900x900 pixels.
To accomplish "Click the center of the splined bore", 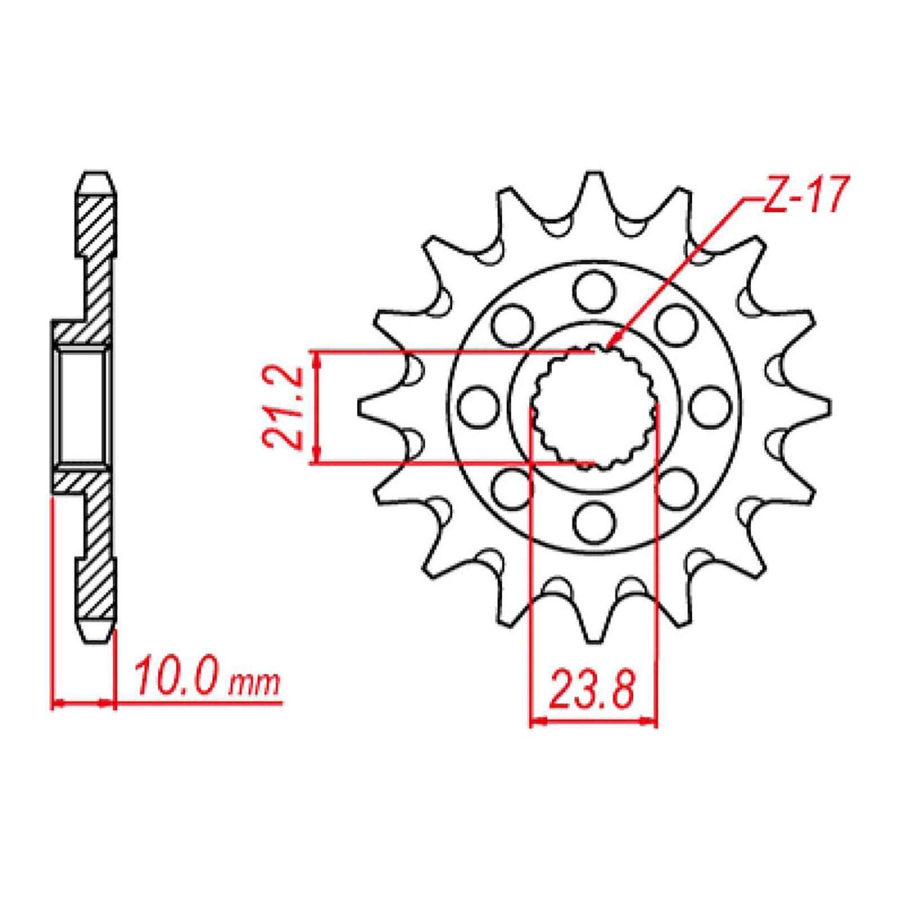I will click(594, 408).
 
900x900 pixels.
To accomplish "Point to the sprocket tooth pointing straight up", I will click(594, 183).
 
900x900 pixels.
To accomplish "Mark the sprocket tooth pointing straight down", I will click(594, 633).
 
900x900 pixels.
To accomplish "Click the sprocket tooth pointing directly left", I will click(368, 407).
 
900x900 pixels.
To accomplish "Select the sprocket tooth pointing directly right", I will click(820, 407).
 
